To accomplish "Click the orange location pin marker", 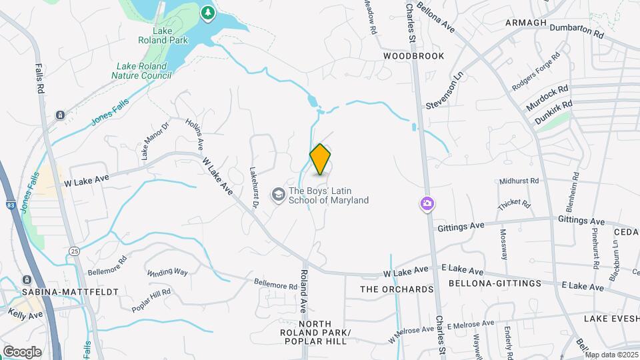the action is pyautogui.click(x=321, y=159).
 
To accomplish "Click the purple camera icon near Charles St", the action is pyautogui.click(x=427, y=203).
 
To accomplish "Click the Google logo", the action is pyautogui.click(x=22, y=351).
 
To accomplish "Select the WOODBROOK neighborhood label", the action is pyautogui.click(x=413, y=56).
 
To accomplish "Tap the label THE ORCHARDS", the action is pyautogui.click(x=397, y=289).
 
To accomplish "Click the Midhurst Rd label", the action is pyautogui.click(x=518, y=181).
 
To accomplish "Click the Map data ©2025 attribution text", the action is pyautogui.click(x=611, y=355).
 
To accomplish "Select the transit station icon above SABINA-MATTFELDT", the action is pyautogui.click(x=27, y=280).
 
